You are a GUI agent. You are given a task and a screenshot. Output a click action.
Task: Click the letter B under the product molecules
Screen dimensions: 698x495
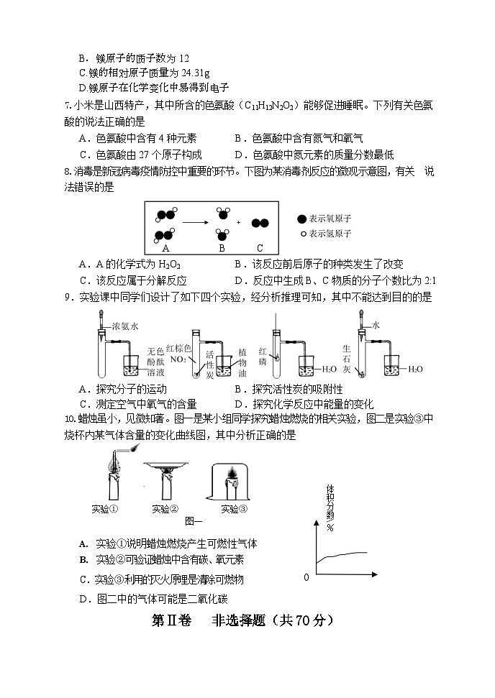(x=222, y=247)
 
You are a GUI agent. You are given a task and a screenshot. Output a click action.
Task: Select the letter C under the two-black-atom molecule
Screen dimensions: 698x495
(x=260, y=247)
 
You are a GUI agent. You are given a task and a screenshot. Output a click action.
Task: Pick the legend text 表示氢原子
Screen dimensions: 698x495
(x=330, y=233)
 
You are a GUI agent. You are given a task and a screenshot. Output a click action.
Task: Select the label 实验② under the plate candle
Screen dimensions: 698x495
(x=165, y=509)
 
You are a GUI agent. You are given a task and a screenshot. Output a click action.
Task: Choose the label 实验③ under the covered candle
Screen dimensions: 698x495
(x=234, y=509)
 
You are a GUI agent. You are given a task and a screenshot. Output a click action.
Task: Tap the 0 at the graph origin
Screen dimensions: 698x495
(x=306, y=577)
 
